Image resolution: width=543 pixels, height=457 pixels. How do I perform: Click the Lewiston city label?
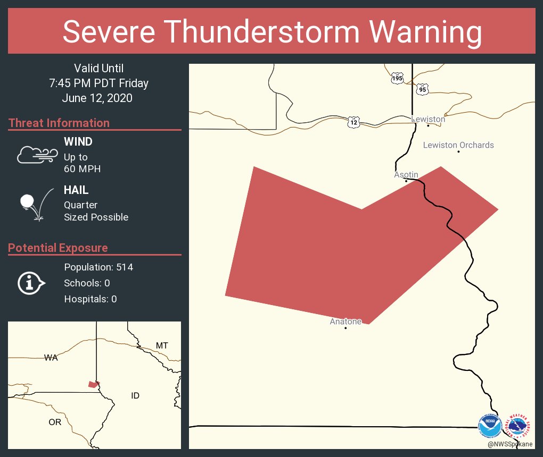pos(428,120)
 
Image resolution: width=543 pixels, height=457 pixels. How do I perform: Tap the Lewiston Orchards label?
pos(458,145)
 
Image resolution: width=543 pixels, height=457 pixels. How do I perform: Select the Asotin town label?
pos(406,175)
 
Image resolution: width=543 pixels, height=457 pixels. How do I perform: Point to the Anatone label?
pos(345,321)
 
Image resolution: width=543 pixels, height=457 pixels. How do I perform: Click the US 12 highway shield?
pos(353,122)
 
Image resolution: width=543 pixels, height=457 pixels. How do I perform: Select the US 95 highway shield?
pos(423,89)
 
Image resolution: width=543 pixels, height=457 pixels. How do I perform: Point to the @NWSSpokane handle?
pos(509,444)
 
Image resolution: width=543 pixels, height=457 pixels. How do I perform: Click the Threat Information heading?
pos(59,123)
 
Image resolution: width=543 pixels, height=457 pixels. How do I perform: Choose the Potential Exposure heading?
pos(58,248)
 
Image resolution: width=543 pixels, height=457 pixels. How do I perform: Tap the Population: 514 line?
pos(98,267)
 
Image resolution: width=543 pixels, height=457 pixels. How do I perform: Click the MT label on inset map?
pos(162,346)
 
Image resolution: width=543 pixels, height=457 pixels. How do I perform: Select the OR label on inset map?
pos(55,422)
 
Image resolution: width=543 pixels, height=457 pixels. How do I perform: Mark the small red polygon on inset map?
pos(94,384)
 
